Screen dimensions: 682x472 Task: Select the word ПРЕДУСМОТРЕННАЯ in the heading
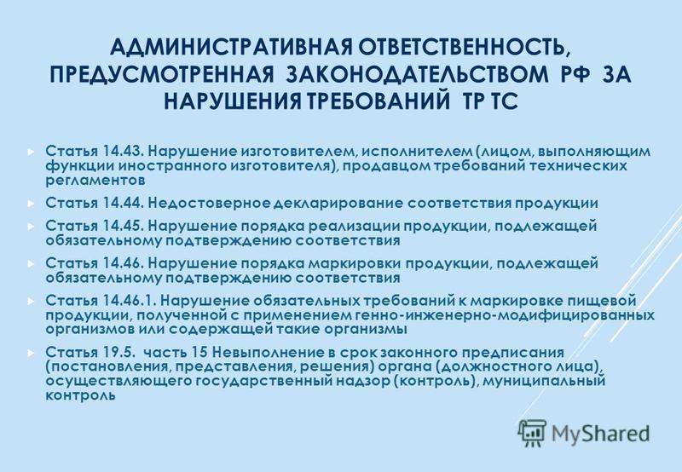162,74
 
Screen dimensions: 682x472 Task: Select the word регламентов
95,181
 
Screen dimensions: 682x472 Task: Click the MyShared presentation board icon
532,433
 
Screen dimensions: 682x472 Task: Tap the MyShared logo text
600,434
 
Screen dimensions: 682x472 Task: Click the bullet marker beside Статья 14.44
30,204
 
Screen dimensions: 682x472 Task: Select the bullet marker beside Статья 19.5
30,352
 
